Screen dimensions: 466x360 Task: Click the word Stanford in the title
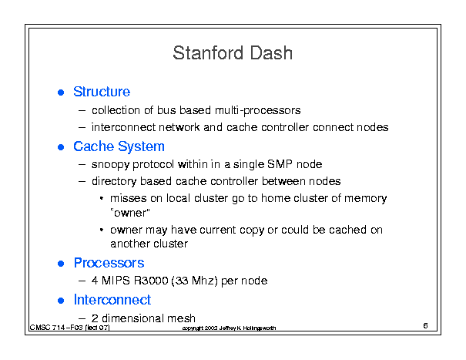[x=209, y=53]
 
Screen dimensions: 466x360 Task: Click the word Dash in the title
[x=271, y=53]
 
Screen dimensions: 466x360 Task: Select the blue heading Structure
[x=102, y=92]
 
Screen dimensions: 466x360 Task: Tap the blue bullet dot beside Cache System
[x=61, y=147]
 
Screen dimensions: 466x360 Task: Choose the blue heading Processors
[x=109, y=263]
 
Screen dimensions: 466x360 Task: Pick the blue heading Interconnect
[x=112, y=300]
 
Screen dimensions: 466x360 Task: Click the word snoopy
[x=110, y=165]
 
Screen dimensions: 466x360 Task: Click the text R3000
[x=151, y=281]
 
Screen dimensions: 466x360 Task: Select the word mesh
[x=181, y=318]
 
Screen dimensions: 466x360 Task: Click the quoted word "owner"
[x=130, y=213]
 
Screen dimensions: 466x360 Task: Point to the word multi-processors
[x=258, y=111]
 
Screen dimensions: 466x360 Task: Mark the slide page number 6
[x=426, y=326]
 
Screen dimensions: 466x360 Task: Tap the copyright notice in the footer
[x=229, y=328]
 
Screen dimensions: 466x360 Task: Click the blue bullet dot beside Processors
[x=61, y=264]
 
